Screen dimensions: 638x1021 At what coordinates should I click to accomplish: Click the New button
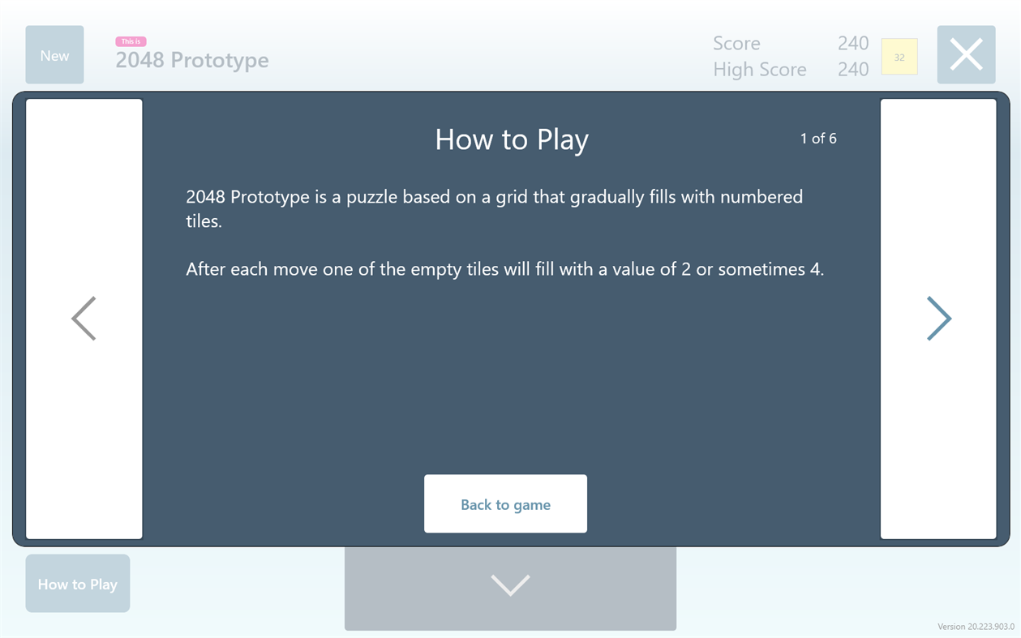(x=54, y=55)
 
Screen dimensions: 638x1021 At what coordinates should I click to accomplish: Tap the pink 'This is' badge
(x=131, y=41)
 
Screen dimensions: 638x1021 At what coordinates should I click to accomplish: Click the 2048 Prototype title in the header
(x=192, y=60)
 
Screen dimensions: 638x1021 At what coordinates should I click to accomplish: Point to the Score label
(x=736, y=44)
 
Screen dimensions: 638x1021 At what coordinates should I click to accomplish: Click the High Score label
(x=759, y=70)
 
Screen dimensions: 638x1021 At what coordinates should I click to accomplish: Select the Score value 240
(x=852, y=44)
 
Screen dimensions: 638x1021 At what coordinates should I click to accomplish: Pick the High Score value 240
(x=852, y=70)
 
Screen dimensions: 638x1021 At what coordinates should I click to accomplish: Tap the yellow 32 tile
(x=899, y=58)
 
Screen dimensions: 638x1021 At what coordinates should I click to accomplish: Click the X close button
(x=966, y=55)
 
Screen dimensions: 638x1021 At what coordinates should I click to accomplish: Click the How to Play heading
(x=512, y=139)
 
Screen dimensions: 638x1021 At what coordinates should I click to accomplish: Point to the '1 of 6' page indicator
(x=818, y=139)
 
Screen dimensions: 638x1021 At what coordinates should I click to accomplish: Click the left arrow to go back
(x=84, y=318)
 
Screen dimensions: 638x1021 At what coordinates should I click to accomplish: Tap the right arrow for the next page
(x=938, y=318)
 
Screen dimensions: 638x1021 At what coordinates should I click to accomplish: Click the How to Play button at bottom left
(x=78, y=584)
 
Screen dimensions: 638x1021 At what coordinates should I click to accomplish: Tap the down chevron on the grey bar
(x=510, y=584)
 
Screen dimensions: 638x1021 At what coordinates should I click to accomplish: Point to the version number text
(x=976, y=627)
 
